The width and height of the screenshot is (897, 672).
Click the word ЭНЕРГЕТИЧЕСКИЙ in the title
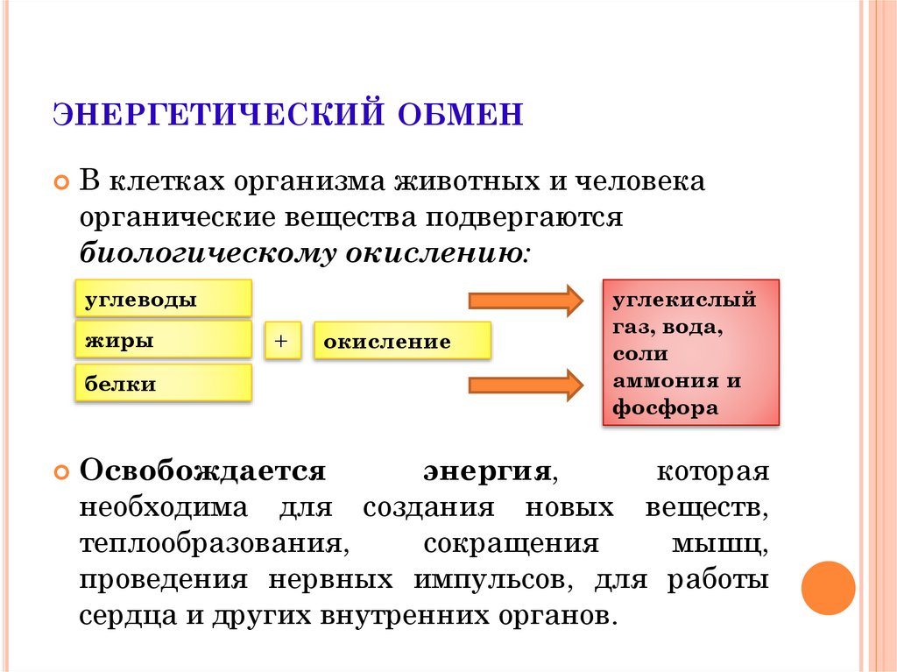click(x=218, y=114)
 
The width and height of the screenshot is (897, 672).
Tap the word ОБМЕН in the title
click(x=460, y=114)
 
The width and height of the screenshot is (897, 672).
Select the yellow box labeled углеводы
click(x=163, y=298)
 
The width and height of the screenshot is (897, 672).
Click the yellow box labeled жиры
click(x=163, y=340)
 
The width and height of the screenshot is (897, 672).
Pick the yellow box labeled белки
click(x=163, y=382)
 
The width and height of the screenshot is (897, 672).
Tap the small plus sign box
click(x=283, y=341)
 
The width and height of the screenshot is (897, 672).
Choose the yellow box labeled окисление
click(x=402, y=341)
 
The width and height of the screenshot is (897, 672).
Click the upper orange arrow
click(x=526, y=300)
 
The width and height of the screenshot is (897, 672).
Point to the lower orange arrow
click(x=526, y=385)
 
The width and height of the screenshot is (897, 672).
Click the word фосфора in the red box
click(x=666, y=408)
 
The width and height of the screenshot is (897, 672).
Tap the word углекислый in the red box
click(x=684, y=300)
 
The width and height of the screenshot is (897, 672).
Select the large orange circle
click(x=828, y=589)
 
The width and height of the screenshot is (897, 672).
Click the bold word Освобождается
click(x=202, y=471)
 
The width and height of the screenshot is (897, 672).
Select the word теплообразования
click(x=214, y=544)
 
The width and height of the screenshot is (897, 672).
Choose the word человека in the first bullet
click(x=639, y=181)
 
